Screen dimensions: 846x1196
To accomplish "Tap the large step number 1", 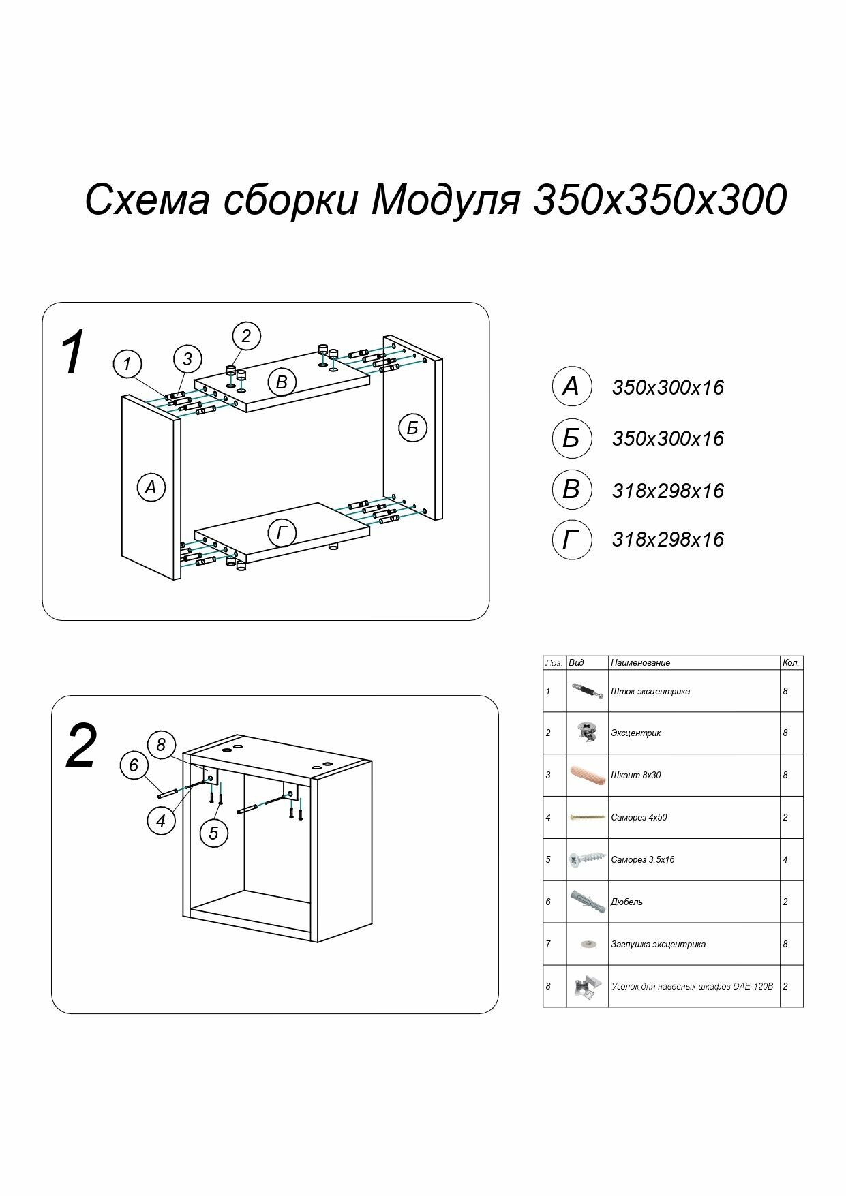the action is (x=72, y=353).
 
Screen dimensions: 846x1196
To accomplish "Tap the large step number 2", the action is (x=81, y=747).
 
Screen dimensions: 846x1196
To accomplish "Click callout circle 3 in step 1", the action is (x=187, y=358).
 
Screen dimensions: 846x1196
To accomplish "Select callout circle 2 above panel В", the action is (x=246, y=335).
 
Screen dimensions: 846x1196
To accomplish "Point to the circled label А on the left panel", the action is (x=151, y=487).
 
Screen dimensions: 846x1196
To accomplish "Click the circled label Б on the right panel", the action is (x=412, y=428).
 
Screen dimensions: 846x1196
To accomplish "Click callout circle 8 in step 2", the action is (x=161, y=745).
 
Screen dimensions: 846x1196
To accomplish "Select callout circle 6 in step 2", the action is (x=134, y=765).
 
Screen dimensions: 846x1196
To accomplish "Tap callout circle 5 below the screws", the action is (x=213, y=833).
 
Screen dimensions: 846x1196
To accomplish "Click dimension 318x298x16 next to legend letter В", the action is (x=667, y=491).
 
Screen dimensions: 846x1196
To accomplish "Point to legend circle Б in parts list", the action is (x=571, y=438).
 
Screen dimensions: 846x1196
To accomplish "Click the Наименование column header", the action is (x=640, y=662).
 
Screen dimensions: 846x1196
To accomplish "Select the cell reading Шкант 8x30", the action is (x=636, y=775).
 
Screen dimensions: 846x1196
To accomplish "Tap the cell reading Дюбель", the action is (x=626, y=902).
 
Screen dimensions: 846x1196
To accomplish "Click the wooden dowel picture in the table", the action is (x=586, y=775).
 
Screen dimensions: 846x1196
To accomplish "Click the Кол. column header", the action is (x=791, y=662).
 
